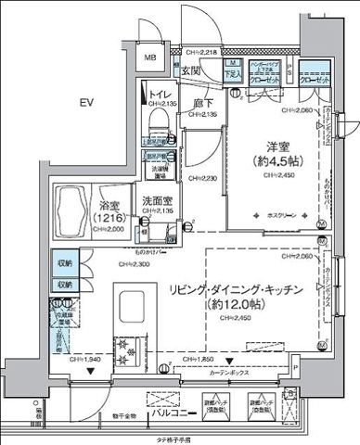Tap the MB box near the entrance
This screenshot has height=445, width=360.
pos(149,59)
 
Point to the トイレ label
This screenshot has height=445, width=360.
pos(160,94)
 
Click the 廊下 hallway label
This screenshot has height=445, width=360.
pos(205,105)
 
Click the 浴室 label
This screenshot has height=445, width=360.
pos(113,207)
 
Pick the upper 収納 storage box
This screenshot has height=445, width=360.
pos(63,262)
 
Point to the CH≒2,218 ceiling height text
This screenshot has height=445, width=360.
pos(199,53)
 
